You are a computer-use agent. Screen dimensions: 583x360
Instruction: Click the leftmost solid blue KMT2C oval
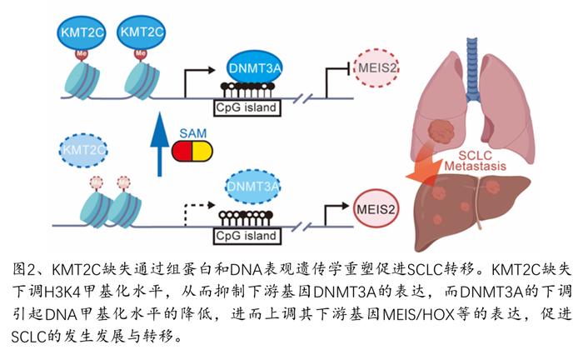tap(82, 32)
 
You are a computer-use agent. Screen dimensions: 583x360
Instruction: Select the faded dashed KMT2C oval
tap(83, 150)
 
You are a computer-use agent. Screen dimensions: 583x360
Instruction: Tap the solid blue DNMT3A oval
tap(254, 68)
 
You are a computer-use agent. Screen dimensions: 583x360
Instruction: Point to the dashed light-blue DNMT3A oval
tap(253, 187)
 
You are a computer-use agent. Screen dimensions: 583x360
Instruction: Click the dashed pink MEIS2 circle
tap(376, 68)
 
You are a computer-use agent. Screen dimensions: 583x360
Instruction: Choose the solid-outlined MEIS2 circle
tap(376, 208)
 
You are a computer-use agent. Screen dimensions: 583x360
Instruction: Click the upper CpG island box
tap(247, 107)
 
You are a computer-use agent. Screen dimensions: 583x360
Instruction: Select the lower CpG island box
tap(247, 236)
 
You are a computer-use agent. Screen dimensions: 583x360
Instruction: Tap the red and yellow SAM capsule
tap(192, 152)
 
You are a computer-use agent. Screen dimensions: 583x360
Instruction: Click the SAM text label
tap(192, 133)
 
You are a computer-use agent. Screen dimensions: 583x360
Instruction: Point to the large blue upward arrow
tap(160, 143)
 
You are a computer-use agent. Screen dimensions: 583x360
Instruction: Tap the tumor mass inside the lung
tap(441, 130)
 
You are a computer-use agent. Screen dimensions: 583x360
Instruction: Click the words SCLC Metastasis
tap(476, 161)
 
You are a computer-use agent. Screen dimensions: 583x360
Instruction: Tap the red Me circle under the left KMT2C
tap(82, 54)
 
